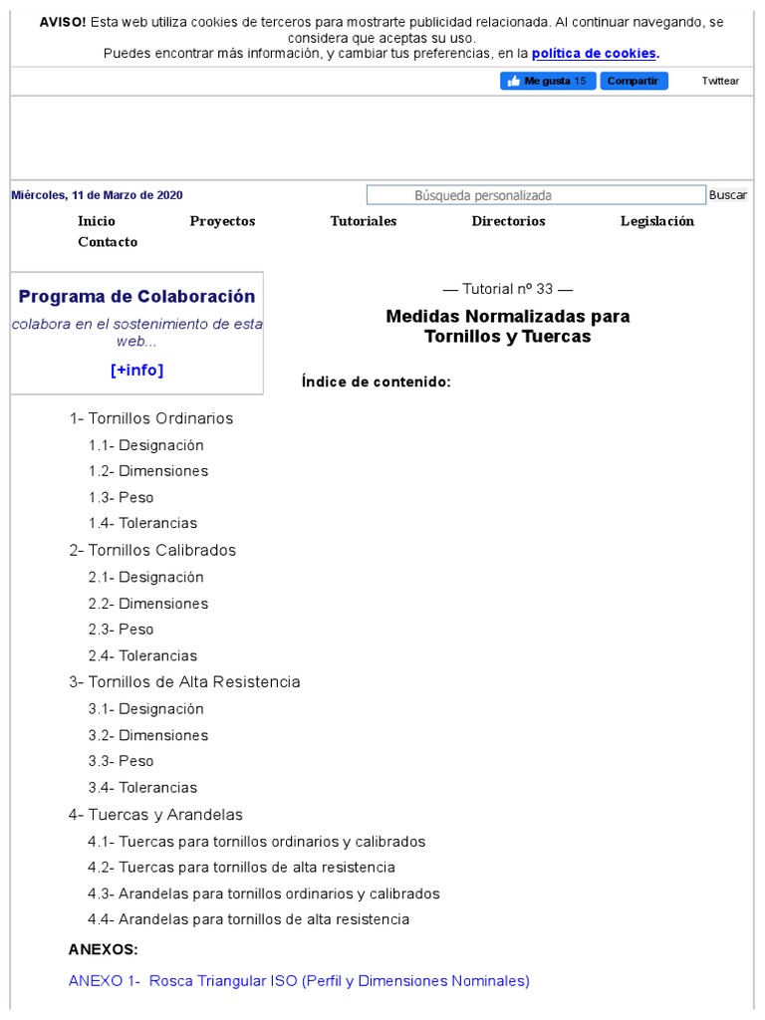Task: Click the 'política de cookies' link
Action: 595,54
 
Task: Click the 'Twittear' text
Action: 720,81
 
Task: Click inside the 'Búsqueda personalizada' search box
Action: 536,195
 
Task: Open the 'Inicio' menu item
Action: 97,221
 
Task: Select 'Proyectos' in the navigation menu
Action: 222,221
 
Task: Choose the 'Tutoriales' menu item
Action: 364,221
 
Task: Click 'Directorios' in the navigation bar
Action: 508,221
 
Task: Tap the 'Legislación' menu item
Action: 656,221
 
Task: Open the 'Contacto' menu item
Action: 108,242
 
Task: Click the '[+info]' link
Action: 136,371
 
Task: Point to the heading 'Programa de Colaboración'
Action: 136,297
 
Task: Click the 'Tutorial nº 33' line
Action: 508,289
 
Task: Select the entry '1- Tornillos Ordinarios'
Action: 150,418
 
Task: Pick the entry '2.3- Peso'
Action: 121,630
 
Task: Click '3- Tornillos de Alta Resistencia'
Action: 184,682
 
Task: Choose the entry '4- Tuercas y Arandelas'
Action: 155,815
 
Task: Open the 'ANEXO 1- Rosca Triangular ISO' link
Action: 299,981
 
